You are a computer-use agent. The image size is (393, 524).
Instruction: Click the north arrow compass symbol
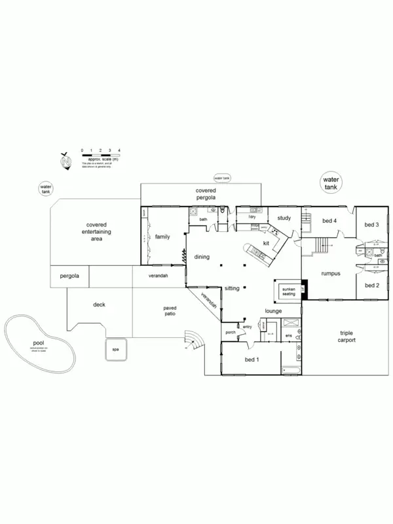65,161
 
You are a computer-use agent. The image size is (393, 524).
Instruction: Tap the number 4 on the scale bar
119,151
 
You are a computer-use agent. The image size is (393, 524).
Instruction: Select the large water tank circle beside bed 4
331,183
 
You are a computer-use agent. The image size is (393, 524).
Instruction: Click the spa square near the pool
115,349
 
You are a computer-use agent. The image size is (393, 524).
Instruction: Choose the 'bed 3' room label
372,225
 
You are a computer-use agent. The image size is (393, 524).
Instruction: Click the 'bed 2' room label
372,286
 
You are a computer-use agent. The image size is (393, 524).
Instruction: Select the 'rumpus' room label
330,272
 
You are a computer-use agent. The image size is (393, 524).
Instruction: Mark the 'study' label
284,218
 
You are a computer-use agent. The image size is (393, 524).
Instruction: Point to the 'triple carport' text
346,337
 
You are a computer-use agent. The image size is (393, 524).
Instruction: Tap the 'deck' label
99,305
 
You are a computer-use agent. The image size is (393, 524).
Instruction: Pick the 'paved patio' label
170,310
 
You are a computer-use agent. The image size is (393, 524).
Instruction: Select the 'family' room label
162,236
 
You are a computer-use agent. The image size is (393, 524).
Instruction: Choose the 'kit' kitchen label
266,243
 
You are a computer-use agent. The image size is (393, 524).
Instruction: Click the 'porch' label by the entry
231,332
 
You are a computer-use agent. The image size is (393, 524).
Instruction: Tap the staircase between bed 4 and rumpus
322,245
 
